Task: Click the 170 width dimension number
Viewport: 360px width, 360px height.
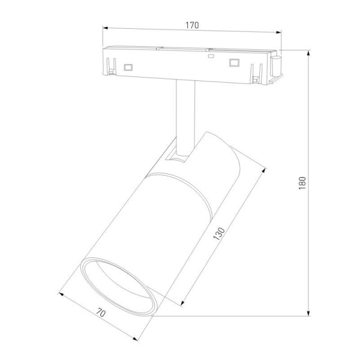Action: tap(192, 25)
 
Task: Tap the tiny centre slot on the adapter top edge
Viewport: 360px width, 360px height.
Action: tap(210, 56)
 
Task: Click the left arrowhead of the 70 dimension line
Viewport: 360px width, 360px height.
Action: tap(61, 294)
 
